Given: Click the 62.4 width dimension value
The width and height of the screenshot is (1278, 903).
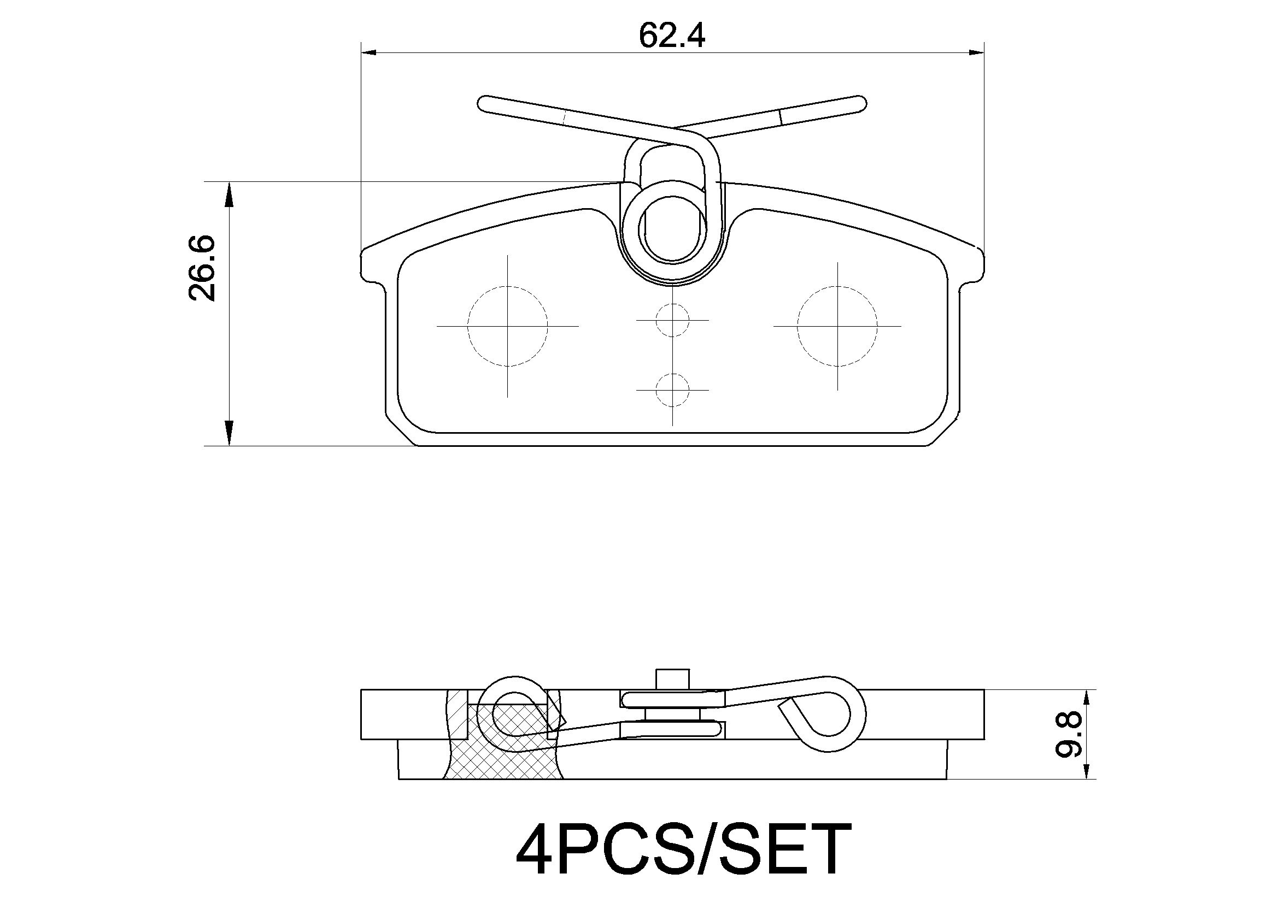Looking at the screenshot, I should (x=672, y=36).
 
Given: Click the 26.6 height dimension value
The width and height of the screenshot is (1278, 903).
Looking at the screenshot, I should (x=202, y=268).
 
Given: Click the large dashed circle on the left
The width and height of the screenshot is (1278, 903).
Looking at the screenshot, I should (x=507, y=326).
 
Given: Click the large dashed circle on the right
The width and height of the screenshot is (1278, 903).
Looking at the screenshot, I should (x=837, y=326).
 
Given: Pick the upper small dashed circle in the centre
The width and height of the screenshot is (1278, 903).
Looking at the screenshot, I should (x=672, y=320).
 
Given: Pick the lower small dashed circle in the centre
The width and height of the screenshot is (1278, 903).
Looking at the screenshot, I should (x=672, y=389).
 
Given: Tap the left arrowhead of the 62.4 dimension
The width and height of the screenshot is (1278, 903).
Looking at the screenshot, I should (x=369, y=52).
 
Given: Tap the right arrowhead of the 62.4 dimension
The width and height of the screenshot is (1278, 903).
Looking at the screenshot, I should (x=976, y=52).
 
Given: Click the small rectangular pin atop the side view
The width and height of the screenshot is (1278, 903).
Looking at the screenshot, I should (x=672, y=680).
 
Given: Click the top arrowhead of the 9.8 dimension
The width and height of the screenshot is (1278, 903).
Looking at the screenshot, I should (x=1086, y=697).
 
